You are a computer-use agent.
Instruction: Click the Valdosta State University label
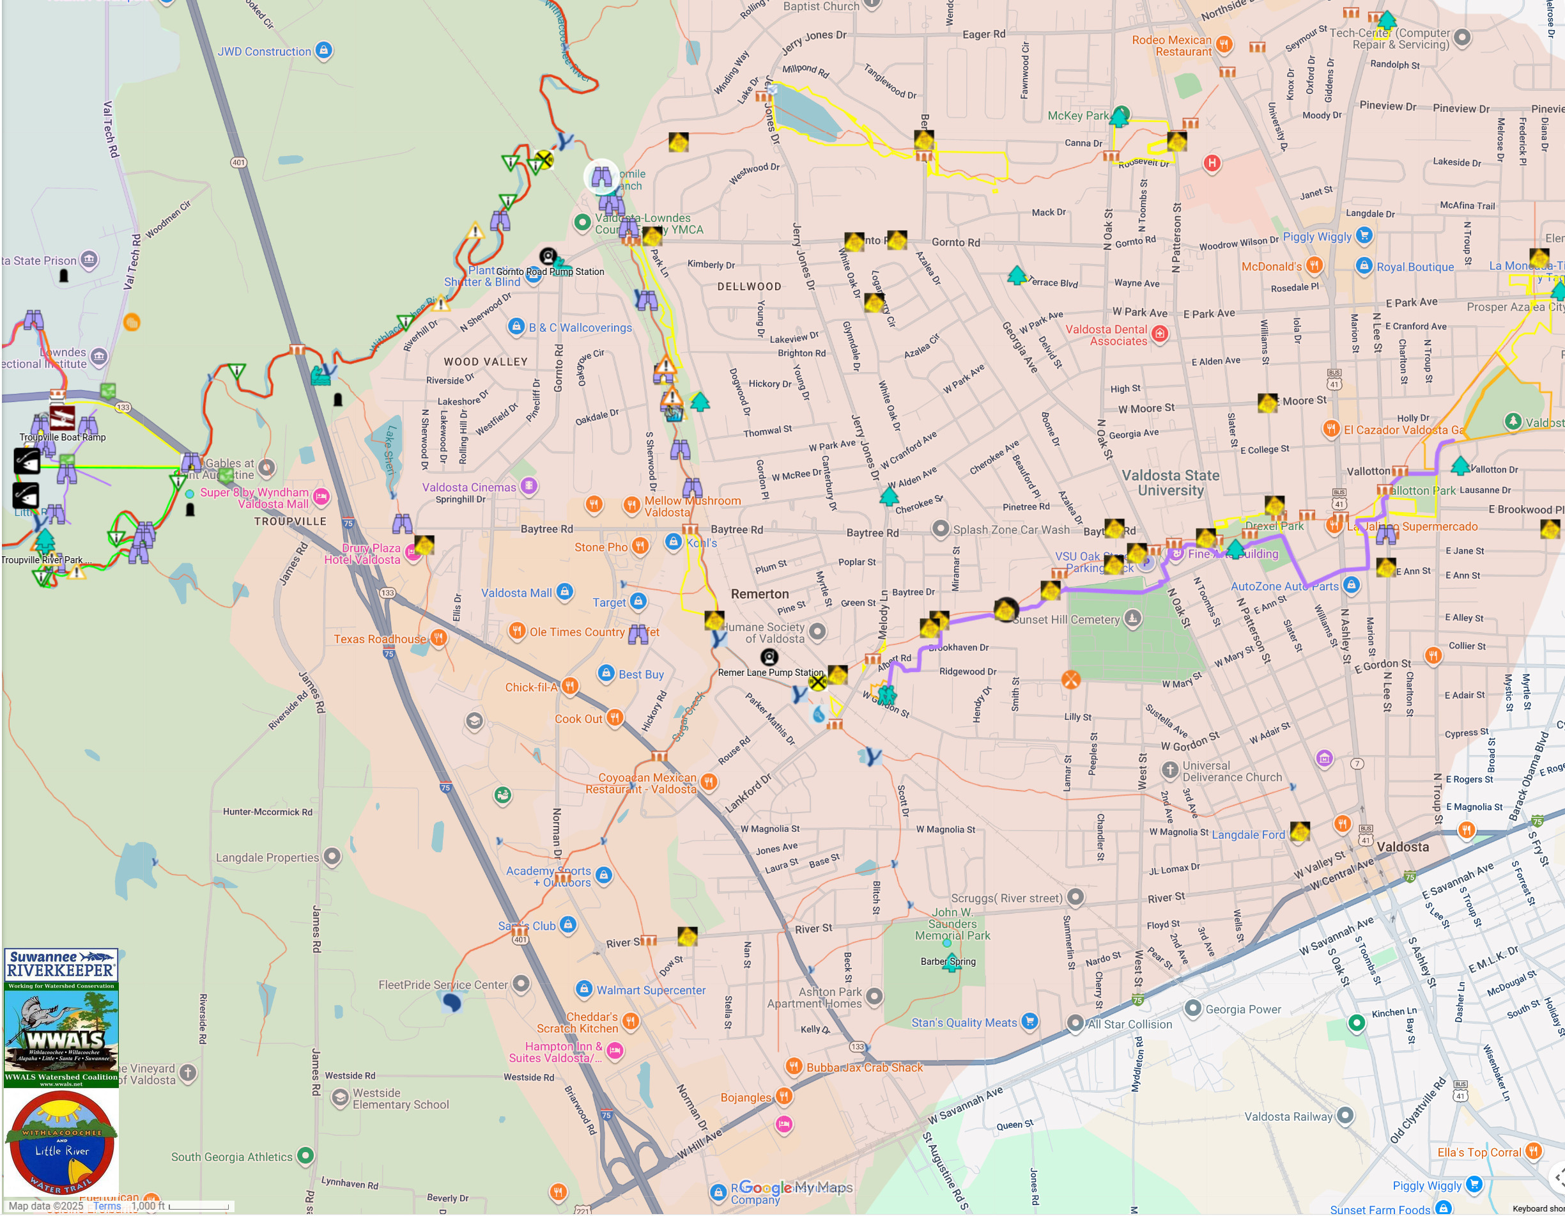(1170, 483)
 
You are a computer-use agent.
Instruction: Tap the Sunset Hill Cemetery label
(1067, 620)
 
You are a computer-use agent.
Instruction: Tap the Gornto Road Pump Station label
(550, 272)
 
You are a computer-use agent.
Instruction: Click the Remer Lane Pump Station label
(770, 673)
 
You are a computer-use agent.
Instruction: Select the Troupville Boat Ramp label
(63, 437)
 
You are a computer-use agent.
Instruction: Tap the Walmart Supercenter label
(651, 990)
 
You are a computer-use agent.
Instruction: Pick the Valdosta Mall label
(516, 593)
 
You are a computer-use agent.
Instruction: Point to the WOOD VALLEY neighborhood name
(485, 362)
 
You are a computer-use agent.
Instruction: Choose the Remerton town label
(760, 594)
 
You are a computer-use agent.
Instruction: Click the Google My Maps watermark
(795, 1187)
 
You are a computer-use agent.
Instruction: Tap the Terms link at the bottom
(107, 1206)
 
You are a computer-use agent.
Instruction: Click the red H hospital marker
(1211, 163)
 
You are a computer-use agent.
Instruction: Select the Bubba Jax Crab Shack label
(864, 1068)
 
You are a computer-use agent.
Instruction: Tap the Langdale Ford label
(1247, 834)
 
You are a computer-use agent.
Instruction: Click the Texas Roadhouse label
(379, 639)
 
